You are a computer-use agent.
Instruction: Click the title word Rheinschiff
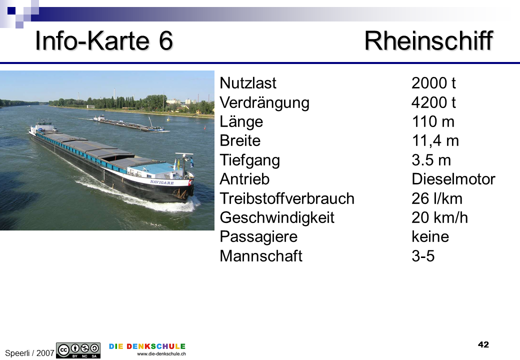point(429,41)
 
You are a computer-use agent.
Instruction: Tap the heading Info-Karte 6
point(104,41)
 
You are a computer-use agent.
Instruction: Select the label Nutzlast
point(247,83)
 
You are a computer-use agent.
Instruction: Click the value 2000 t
point(433,83)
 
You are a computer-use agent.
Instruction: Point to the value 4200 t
point(433,102)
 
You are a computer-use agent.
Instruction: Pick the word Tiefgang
point(249,160)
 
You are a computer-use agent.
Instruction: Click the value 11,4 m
point(435,141)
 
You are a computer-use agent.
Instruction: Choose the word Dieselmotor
point(453,179)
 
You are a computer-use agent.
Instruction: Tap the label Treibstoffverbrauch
point(287,198)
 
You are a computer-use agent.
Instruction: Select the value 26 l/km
point(437,198)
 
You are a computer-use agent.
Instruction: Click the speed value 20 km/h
point(439,218)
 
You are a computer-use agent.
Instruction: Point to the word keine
point(430,236)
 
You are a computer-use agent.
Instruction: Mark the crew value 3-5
point(423,256)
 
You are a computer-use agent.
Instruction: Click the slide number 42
point(483,345)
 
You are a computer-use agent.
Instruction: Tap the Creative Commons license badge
point(78,350)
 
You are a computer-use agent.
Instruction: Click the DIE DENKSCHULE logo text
point(147,346)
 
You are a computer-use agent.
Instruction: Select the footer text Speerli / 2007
point(29,353)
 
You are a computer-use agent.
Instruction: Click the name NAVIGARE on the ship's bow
point(162,182)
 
